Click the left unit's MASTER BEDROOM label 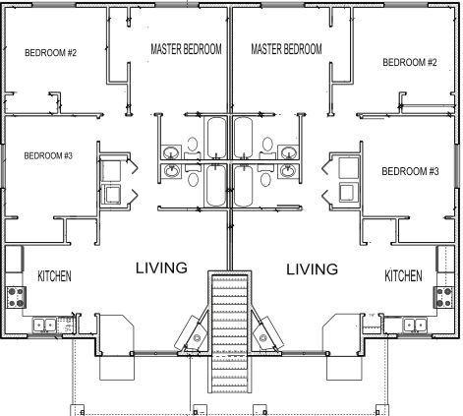pyautogui.click(x=186, y=49)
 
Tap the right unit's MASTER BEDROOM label pyautogui.click(x=286, y=49)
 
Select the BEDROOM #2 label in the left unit pyautogui.click(x=50, y=52)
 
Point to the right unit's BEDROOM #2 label pyautogui.click(x=410, y=62)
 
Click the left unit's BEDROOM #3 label pyautogui.click(x=48, y=155)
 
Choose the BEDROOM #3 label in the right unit pyautogui.click(x=410, y=171)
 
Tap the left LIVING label pyautogui.click(x=161, y=267)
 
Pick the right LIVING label pyautogui.click(x=313, y=269)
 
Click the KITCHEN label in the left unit pyautogui.click(x=54, y=276)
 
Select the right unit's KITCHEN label pyautogui.click(x=403, y=275)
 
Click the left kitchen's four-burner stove pyautogui.click(x=16, y=297)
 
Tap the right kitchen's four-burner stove pyautogui.click(x=444, y=297)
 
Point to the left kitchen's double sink pyautogui.click(x=44, y=325)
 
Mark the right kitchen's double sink pyautogui.click(x=415, y=325)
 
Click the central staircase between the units pyautogui.click(x=230, y=333)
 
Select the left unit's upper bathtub pyautogui.click(x=216, y=138)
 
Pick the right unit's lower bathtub pyautogui.click(x=244, y=186)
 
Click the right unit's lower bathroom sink pyautogui.click(x=288, y=171)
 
